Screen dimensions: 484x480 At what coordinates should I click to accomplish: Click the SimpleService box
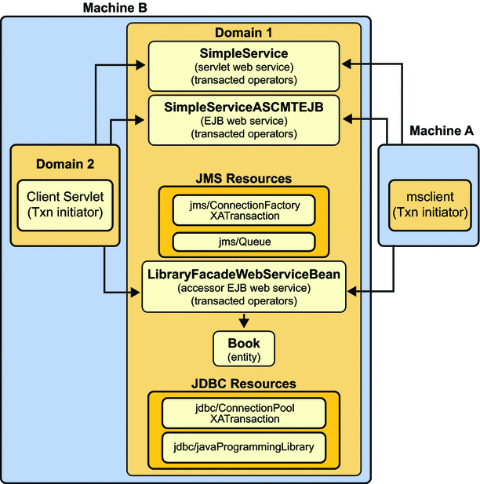point(245,64)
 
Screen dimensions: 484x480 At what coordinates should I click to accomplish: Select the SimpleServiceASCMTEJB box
point(245,118)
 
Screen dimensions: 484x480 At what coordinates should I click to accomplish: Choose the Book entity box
point(244,348)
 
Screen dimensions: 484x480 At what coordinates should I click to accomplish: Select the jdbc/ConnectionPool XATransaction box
point(244,413)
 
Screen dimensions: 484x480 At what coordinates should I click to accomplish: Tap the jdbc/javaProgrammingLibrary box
point(244,447)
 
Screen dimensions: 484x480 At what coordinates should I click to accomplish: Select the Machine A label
point(442,131)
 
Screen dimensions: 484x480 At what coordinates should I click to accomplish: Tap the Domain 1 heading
point(244,33)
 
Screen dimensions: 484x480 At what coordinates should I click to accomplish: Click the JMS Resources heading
point(244,179)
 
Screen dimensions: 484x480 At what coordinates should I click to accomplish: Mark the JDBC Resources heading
point(244,384)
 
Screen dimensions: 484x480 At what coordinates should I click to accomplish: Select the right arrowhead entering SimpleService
point(347,64)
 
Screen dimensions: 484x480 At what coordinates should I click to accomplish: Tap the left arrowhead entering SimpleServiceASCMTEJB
point(142,119)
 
